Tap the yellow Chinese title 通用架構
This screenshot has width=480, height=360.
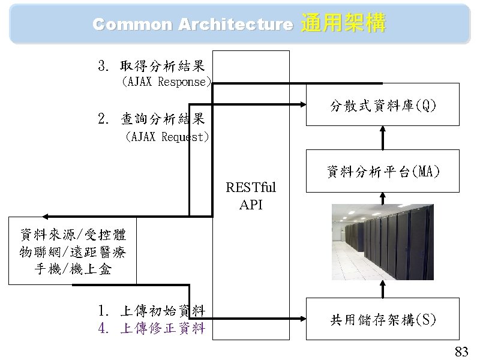(342, 23)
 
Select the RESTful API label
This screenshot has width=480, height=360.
(251, 196)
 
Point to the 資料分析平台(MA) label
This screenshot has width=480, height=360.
(383, 173)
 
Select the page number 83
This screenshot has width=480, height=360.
(461, 351)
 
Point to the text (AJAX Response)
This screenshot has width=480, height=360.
(166, 82)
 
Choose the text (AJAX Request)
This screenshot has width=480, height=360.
(166, 137)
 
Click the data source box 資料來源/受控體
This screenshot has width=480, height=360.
(72, 251)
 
